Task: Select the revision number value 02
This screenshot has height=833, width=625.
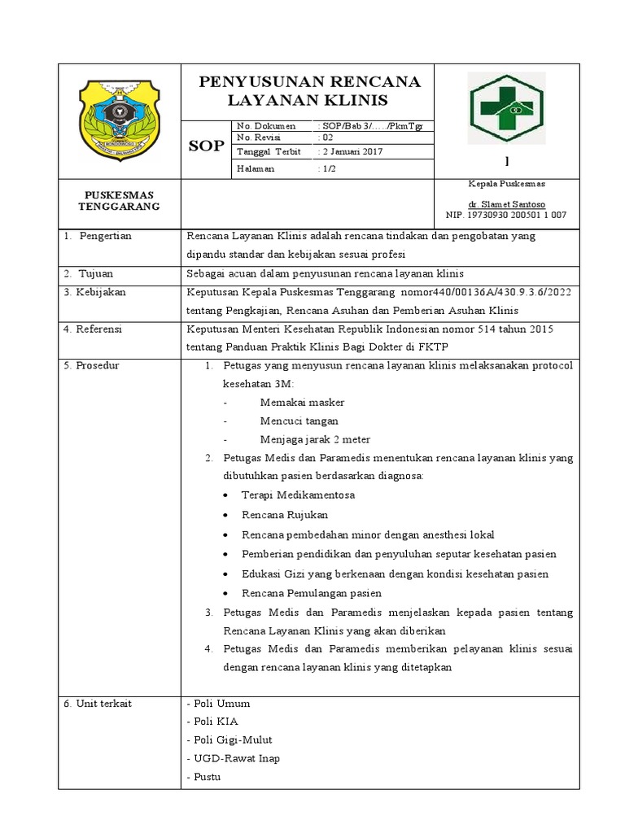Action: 325,138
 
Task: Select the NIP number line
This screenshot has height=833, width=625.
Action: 507,216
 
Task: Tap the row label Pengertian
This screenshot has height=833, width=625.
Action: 105,236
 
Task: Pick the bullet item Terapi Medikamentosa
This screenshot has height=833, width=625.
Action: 298,495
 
